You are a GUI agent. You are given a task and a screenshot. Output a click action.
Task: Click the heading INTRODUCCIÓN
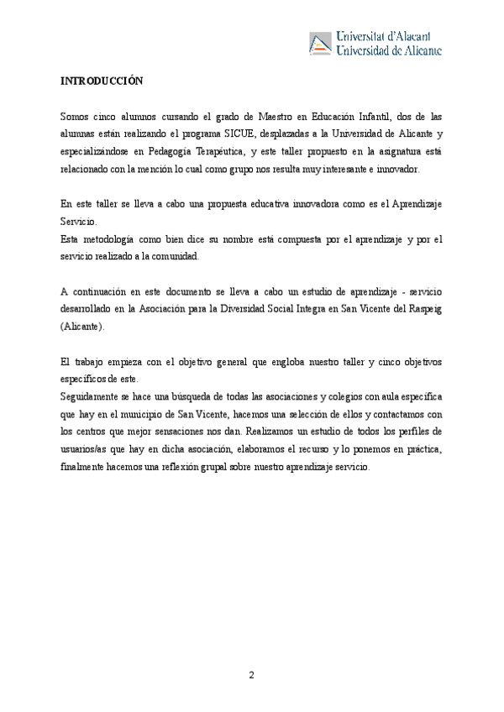pos(102,81)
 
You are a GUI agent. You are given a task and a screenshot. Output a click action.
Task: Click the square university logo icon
pos(320,43)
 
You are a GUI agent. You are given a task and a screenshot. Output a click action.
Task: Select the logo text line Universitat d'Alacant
pos(384,36)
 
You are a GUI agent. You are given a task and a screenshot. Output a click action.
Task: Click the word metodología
pos(111,239)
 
